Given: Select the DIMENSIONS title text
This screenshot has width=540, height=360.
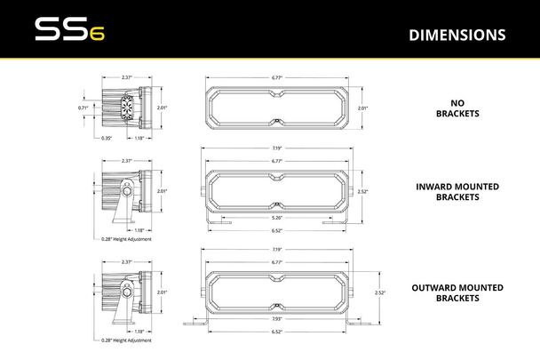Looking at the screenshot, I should click(x=457, y=36).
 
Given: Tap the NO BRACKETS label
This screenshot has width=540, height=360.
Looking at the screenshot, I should click(x=457, y=108).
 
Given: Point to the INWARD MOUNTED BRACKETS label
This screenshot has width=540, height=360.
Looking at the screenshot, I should click(x=457, y=192).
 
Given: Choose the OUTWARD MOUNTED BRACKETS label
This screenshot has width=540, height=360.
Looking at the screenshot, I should click(x=457, y=292).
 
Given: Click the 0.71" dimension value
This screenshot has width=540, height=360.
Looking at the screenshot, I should click(x=83, y=108).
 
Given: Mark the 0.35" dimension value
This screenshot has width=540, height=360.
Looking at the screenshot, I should click(x=106, y=138).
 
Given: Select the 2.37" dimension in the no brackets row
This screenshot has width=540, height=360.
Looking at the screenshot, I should click(x=128, y=76).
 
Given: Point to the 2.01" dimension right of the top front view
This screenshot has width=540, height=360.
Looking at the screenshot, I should click(x=362, y=108).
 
